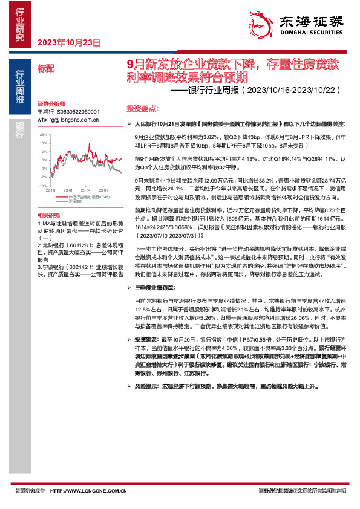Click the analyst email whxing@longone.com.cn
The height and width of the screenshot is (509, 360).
pyautogui.click(x=63, y=120)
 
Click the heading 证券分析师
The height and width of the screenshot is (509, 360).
pyautogui.click(x=50, y=104)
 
